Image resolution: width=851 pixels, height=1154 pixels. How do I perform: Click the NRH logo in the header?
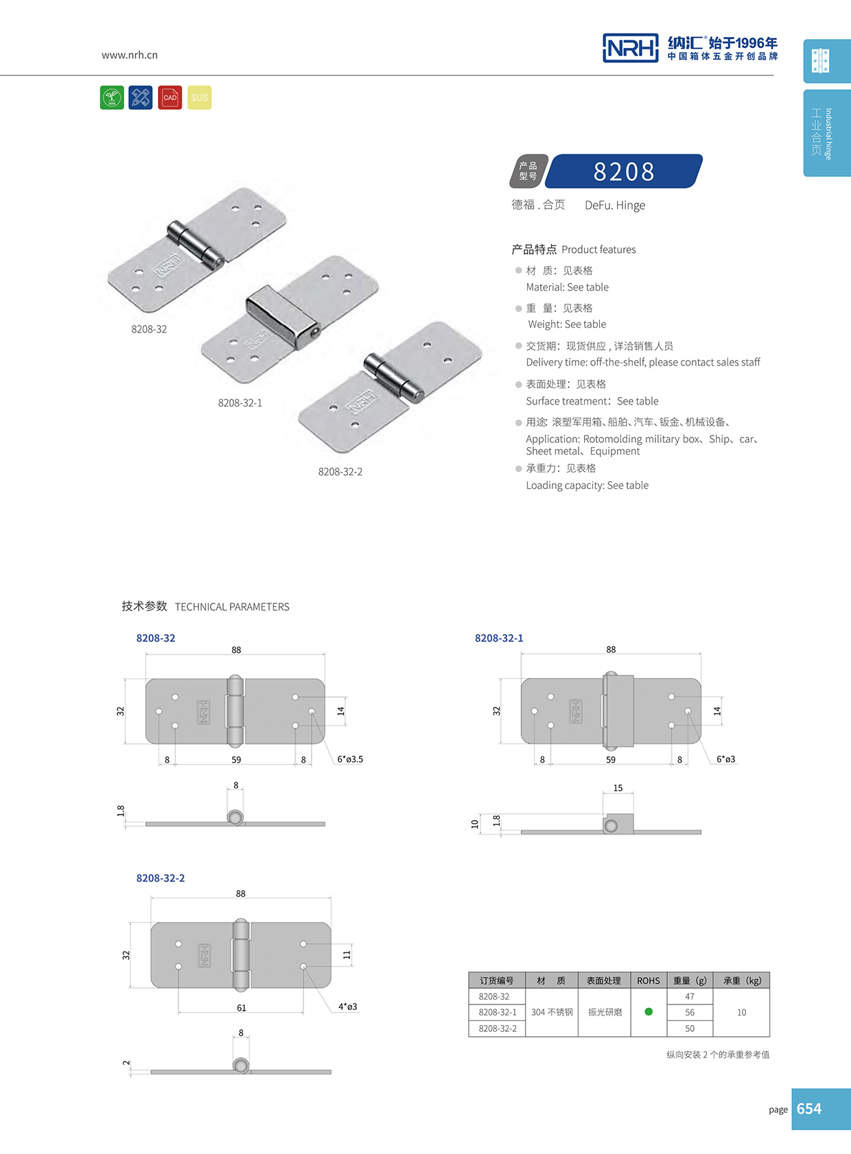click(x=630, y=48)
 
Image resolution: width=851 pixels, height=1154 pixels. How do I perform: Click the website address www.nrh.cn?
click(x=130, y=55)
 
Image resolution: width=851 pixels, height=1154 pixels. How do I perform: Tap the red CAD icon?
click(x=170, y=97)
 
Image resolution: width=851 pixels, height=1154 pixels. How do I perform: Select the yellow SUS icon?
click(x=200, y=97)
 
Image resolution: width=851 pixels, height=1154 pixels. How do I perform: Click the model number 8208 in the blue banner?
click(x=624, y=171)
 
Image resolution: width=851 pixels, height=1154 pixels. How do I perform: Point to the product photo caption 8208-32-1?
click(x=240, y=402)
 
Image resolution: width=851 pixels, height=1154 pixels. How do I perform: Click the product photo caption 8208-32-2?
click(x=340, y=472)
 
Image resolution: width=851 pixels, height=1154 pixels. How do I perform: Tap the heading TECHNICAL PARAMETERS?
click(x=232, y=607)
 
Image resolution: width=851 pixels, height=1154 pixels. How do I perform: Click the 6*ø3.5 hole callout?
click(x=350, y=759)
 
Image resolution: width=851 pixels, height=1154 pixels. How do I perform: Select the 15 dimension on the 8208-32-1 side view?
click(x=618, y=788)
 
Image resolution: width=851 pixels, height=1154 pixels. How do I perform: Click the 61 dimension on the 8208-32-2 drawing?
click(x=242, y=1008)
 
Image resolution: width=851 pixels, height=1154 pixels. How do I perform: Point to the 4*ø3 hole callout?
click(x=348, y=1007)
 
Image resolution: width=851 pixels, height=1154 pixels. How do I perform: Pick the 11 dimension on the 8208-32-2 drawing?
click(x=347, y=954)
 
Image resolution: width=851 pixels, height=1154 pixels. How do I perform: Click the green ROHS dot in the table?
click(x=649, y=1011)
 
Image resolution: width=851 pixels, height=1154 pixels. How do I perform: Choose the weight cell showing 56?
click(x=690, y=1012)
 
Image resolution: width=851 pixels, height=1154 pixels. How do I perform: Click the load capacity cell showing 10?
click(x=741, y=1012)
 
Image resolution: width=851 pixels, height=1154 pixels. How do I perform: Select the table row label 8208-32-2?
click(x=498, y=1029)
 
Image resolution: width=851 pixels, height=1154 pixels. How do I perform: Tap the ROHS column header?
click(x=649, y=981)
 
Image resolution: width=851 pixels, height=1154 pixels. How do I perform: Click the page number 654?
click(x=809, y=1109)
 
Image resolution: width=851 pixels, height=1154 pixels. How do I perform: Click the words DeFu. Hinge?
click(x=615, y=205)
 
